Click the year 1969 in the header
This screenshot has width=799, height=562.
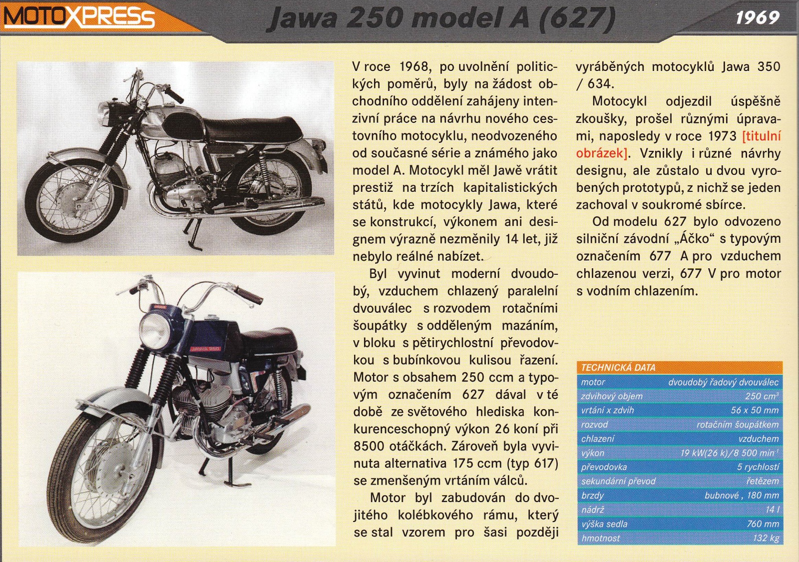[x=757, y=17]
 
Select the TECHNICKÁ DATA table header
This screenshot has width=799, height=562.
[x=618, y=367]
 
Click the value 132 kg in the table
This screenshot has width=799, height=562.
[x=766, y=538]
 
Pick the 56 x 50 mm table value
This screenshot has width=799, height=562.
[x=755, y=410]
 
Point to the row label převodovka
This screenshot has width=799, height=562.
[x=604, y=467]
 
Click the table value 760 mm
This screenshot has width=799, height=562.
[x=763, y=524]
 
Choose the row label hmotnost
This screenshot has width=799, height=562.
[x=600, y=538]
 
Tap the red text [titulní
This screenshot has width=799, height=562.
[x=761, y=136]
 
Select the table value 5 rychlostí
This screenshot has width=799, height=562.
[x=758, y=467]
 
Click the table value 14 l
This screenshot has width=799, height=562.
[x=772, y=510]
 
